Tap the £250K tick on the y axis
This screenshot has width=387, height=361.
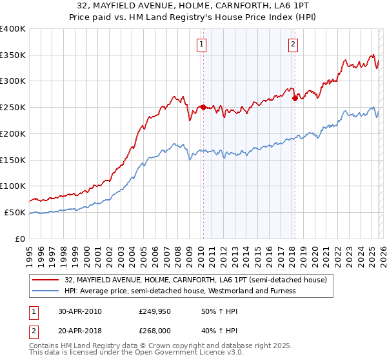click(13, 107)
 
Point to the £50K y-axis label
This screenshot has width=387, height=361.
click(15, 212)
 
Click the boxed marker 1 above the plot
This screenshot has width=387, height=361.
click(202, 44)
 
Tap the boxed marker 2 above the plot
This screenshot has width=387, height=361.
click(293, 44)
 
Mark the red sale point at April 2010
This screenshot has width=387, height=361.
click(203, 107)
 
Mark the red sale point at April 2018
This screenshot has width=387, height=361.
click(294, 98)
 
